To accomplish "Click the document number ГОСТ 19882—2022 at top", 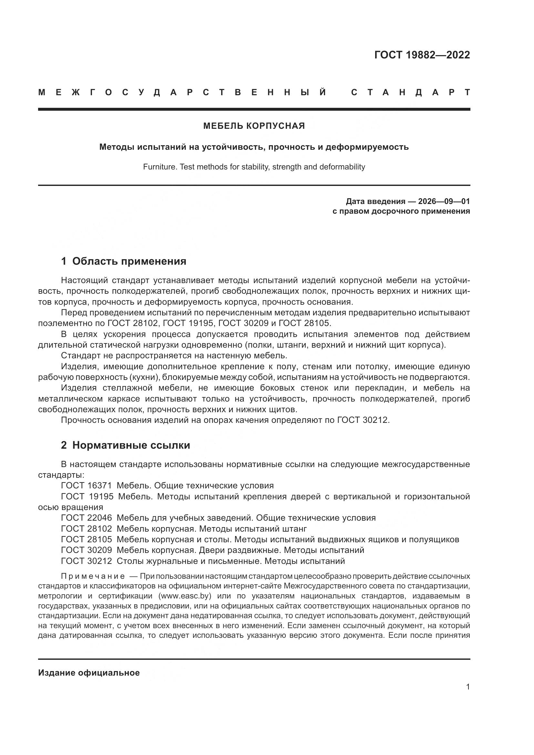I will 422,55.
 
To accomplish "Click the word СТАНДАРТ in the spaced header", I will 410,92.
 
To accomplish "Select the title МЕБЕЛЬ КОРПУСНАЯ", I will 254,126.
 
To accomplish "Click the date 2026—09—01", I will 444,201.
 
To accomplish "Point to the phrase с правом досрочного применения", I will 401,211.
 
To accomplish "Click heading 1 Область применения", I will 124,261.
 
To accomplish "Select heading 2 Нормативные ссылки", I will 125,445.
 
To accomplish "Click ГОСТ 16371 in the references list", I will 87,486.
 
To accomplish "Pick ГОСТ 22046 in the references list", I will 87,518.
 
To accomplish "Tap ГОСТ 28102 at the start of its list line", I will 87,529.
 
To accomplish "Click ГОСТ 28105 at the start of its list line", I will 87,540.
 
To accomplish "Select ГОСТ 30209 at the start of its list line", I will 87,550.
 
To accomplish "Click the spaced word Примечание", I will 93,576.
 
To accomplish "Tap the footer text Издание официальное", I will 89,673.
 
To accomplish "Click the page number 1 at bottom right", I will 467,687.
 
